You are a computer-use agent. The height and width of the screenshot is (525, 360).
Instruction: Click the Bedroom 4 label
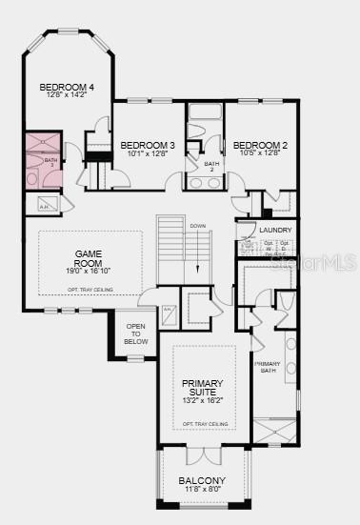(x=64, y=88)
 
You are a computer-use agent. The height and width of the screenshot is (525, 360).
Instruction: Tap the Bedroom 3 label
(x=146, y=144)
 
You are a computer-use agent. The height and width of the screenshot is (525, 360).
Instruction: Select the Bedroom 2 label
(x=260, y=144)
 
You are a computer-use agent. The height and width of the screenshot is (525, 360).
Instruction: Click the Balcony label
(x=202, y=480)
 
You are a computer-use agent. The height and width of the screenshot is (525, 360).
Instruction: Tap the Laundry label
(x=275, y=231)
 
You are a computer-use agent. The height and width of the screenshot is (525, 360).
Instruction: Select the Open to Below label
(x=136, y=333)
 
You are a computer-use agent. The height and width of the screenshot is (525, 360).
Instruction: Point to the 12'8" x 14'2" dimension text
(x=64, y=95)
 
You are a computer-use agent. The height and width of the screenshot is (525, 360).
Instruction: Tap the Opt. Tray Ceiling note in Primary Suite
(x=205, y=423)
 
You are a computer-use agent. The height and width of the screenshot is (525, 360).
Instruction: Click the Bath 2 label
(x=211, y=166)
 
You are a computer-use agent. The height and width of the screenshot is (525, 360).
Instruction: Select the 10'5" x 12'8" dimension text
(x=260, y=152)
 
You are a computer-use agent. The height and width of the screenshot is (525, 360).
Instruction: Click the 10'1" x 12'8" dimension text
(x=146, y=152)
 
